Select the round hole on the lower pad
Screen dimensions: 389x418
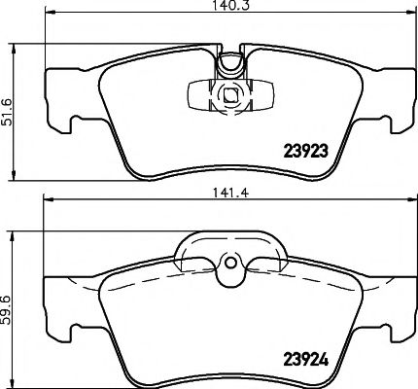point(229,262)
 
